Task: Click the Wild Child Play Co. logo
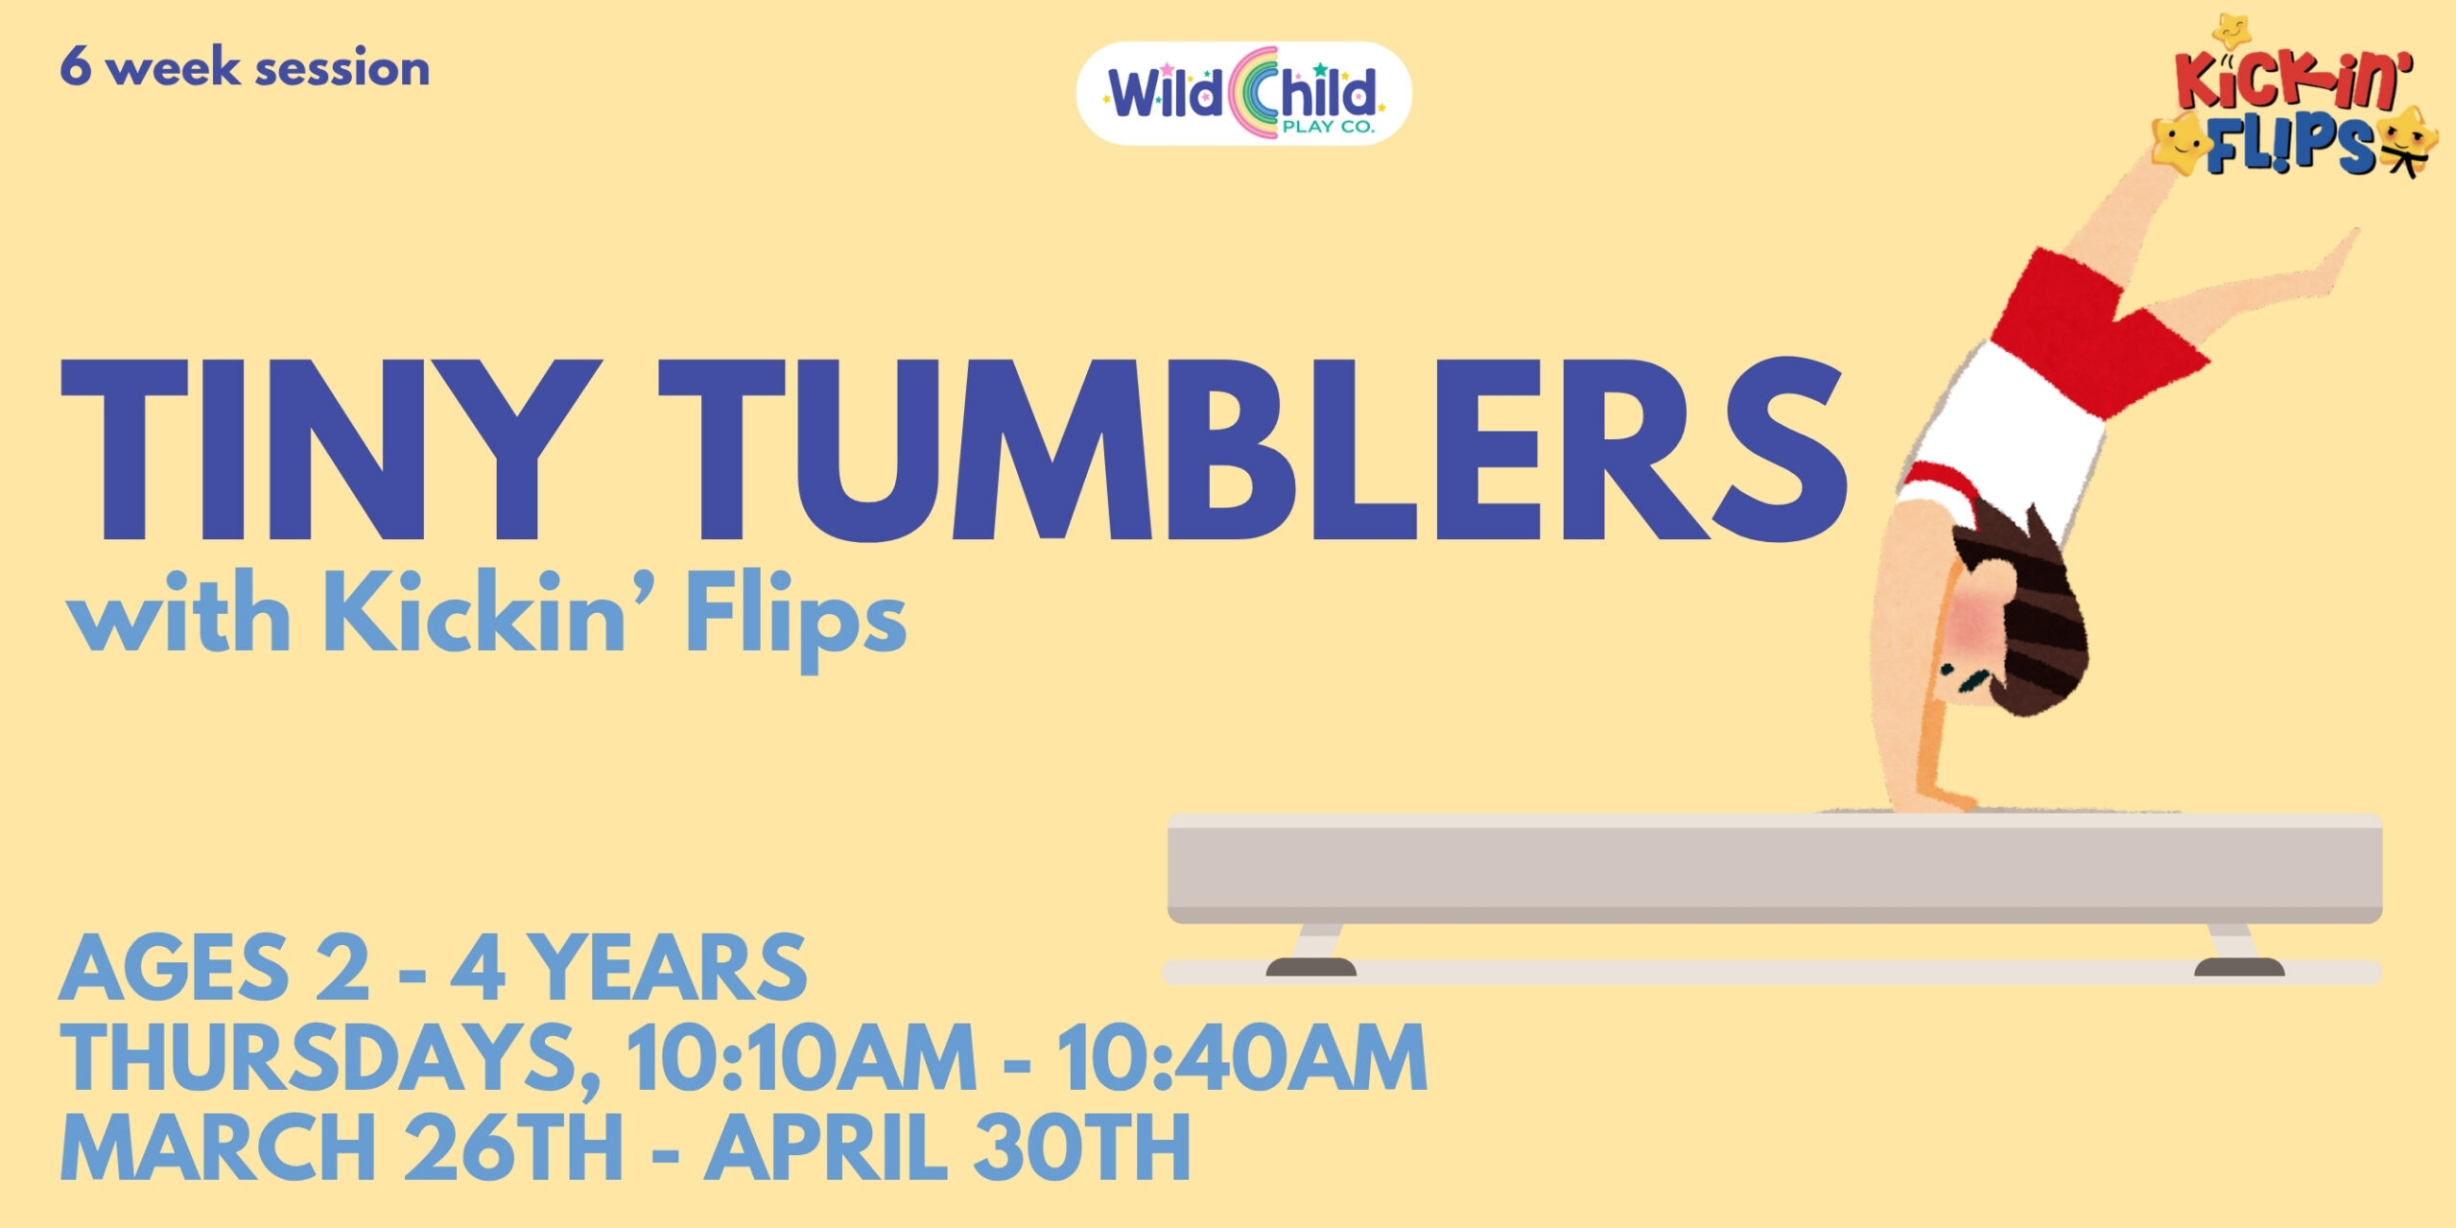point(1243,94)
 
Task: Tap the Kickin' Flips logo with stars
point(2295,102)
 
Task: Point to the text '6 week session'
point(245,68)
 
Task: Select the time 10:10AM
point(801,1058)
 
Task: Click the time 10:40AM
point(1242,1058)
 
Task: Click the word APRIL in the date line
point(825,1147)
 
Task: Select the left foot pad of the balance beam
point(1311,967)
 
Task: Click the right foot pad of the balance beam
point(2239,967)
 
